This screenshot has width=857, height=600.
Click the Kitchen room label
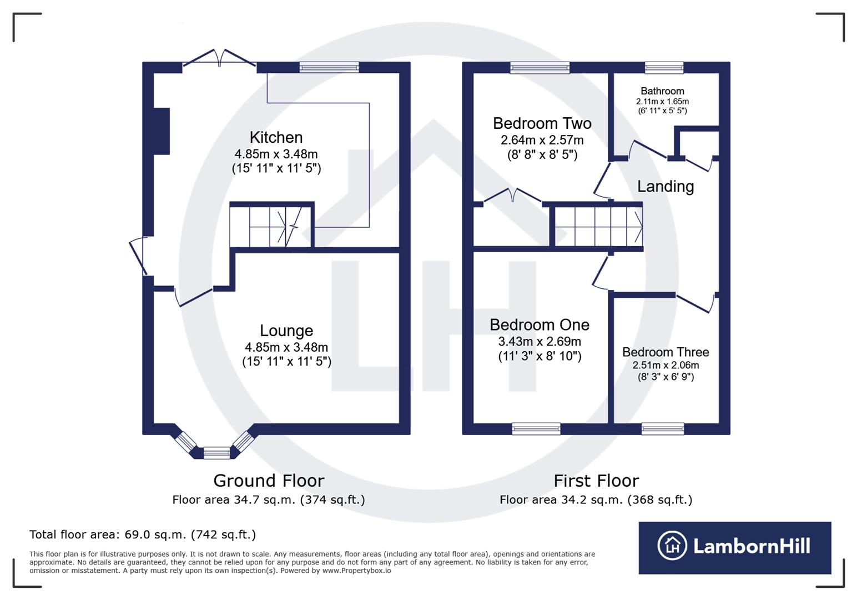click(x=276, y=137)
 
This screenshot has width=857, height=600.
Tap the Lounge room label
click(x=286, y=331)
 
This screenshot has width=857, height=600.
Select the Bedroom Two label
click(x=542, y=123)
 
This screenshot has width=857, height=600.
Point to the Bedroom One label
click(x=540, y=324)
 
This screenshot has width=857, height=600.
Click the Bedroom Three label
click(x=666, y=352)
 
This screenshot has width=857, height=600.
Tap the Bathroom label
click(x=662, y=91)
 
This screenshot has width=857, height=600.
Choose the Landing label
click(x=665, y=187)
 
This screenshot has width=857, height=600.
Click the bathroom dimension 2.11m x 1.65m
click(x=662, y=102)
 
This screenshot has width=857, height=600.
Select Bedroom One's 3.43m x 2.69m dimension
click(x=540, y=342)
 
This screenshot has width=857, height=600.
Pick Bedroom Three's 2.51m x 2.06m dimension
click(x=666, y=365)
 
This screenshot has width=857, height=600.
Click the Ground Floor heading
click(x=269, y=481)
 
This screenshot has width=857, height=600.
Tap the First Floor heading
click(x=596, y=481)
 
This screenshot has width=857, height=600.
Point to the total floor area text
click(x=143, y=534)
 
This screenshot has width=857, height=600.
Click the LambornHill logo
click(x=734, y=547)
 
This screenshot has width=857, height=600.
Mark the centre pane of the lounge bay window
click(x=216, y=453)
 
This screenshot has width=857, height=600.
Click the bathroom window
click(x=664, y=68)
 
